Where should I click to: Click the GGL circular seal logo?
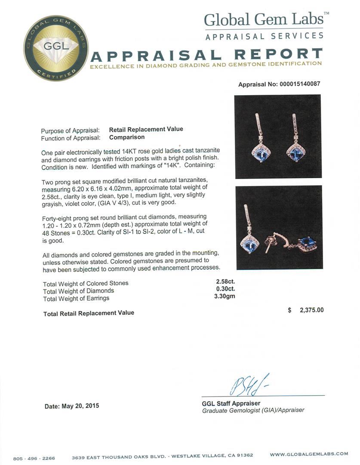(56, 48)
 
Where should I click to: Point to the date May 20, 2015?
(72, 406)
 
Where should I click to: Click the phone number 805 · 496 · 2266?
(34, 459)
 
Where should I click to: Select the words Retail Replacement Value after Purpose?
(146, 129)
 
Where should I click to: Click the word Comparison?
(127, 137)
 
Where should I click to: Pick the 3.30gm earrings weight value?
(225, 296)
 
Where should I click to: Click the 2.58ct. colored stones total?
(225, 282)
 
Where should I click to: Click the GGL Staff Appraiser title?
(231, 403)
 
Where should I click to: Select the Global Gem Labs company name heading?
(264, 19)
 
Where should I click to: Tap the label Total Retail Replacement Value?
(89, 313)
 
